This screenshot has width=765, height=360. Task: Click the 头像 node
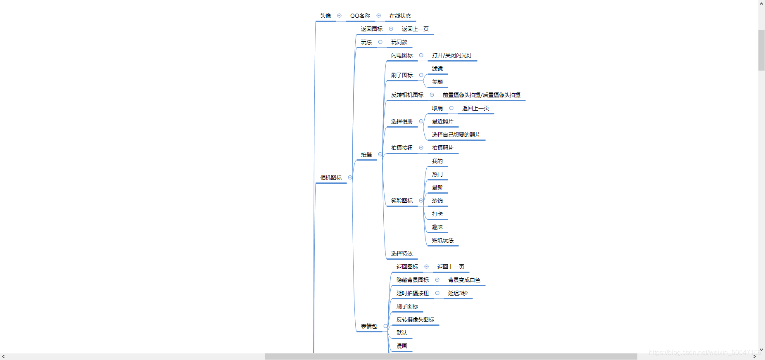point(325,16)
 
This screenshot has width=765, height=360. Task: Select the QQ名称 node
point(360,16)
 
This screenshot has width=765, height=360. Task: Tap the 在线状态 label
point(400,16)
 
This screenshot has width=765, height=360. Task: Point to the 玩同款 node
point(399,43)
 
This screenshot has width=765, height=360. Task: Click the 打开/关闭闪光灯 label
point(452,56)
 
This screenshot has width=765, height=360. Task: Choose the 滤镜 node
point(437,69)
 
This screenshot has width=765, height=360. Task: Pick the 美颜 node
point(437,82)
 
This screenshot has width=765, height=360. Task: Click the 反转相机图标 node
point(407,95)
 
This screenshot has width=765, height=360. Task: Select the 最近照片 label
point(442,122)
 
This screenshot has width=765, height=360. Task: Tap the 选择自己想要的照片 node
point(456,135)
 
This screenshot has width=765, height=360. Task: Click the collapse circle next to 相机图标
point(350,178)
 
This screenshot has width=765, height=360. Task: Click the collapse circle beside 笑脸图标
point(421,201)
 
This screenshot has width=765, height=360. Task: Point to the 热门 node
point(437,175)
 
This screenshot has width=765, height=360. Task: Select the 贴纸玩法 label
point(442,241)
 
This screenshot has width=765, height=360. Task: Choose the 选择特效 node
point(402,254)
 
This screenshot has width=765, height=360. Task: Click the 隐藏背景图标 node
point(413,280)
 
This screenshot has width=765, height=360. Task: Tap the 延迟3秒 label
point(458,294)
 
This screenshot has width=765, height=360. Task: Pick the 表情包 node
point(369,327)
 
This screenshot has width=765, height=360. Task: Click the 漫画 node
point(402,346)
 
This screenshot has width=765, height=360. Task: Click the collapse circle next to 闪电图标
point(421,55)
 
